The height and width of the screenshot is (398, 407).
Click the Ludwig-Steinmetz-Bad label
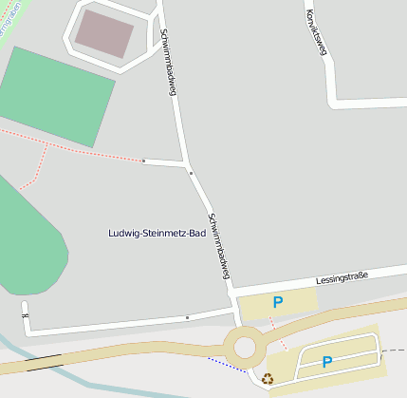pos(157,233)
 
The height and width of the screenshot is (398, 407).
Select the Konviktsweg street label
pos(315,32)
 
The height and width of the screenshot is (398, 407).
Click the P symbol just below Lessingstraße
pos(278,303)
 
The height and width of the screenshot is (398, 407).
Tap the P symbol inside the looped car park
pos(327,362)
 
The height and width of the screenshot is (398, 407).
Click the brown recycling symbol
pos(268,379)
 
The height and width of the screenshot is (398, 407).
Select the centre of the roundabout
pos(245,347)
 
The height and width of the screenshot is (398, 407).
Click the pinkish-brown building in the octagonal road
pos(104,32)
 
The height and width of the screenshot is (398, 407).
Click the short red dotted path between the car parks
pos(277,332)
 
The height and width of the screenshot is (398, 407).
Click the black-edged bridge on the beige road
pos(44,361)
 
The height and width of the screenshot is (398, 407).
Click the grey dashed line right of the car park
pos(393,351)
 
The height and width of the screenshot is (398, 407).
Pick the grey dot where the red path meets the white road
pos(143,161)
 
